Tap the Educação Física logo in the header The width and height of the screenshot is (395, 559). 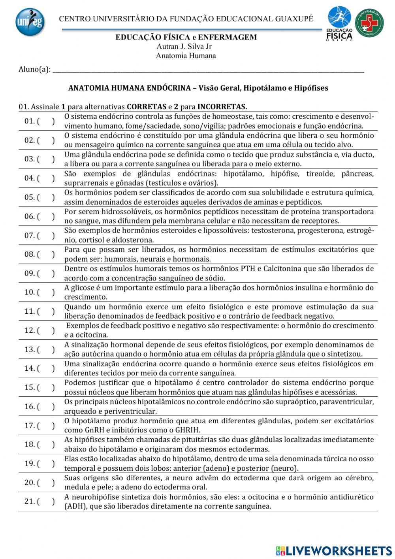339,23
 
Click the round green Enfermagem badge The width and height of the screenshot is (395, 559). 369,23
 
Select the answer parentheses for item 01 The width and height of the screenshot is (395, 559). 46,121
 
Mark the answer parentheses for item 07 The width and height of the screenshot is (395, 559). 46,235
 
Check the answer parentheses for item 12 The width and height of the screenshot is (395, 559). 46,330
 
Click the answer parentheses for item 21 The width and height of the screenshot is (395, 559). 46,502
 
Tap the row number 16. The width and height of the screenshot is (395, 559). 30,406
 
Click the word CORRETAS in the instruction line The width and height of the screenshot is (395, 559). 147,107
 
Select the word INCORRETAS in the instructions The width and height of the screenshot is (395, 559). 222,107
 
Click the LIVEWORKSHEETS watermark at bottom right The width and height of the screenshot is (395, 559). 334,550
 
